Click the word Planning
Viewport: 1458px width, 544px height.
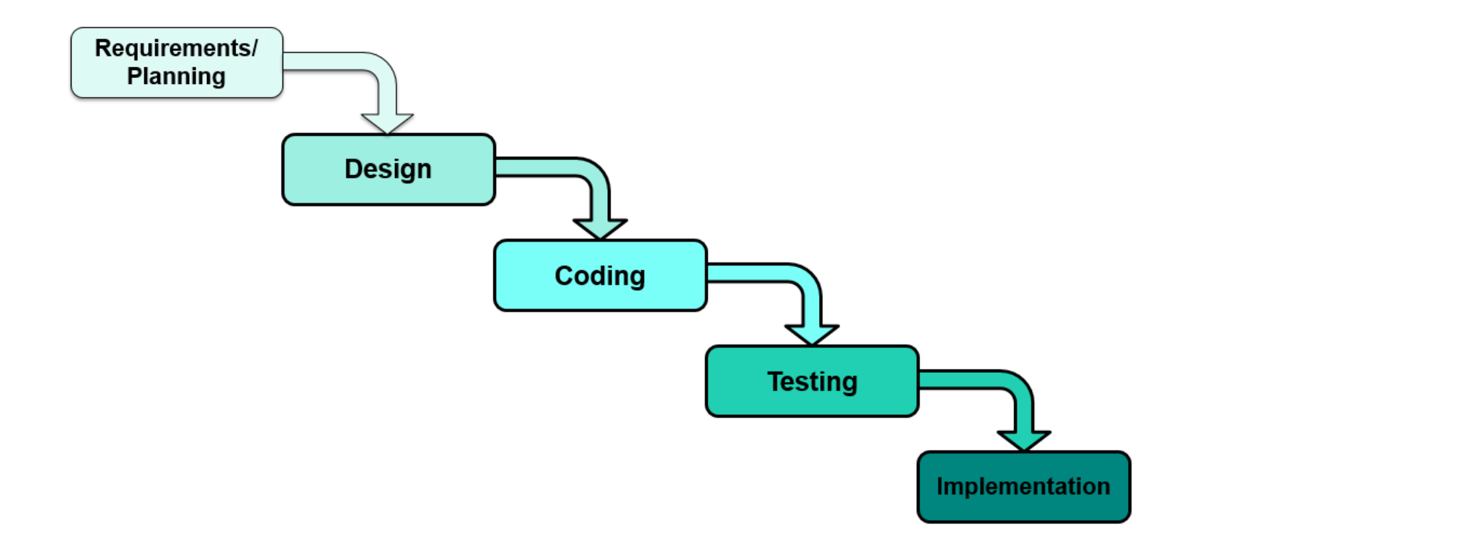coord(176,77)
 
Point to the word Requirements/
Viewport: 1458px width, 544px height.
coord(176,48)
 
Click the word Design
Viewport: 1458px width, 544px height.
coord(388,169)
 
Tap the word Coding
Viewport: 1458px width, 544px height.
coord(599,276)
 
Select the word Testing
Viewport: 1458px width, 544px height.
coord(812,381)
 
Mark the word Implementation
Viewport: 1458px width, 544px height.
coord(1023,486)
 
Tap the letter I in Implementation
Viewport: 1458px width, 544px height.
coord(940,486)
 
